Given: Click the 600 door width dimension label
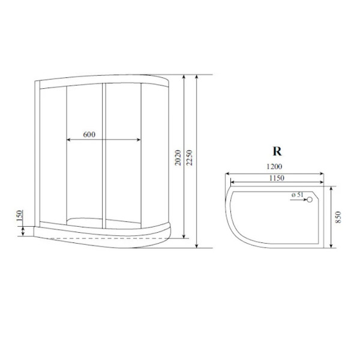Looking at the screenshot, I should pyautogui.click(x=88, y=134).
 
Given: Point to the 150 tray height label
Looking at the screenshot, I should pyautogui.click(x=20, y=216).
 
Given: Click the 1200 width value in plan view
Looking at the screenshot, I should pyautogui.click(x=275, y=167).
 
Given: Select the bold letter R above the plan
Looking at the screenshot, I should pyautogui.click(x=277, y=151).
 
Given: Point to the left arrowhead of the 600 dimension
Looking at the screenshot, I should pyautogui.click(x=67, y=140).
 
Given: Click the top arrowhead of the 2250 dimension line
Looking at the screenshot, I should pyautogui.click(x=197, y=77).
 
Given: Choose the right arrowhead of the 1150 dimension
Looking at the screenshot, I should pyautogui.click(x=321, y=184).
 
